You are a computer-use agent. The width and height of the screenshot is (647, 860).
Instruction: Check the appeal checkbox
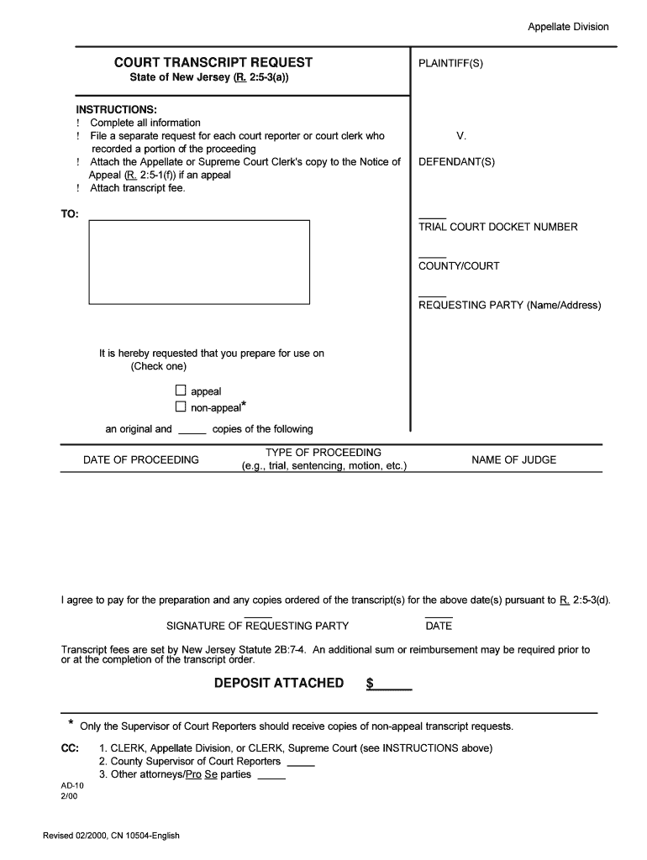[180, 391]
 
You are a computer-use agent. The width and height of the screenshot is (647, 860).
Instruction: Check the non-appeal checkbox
[180, 407]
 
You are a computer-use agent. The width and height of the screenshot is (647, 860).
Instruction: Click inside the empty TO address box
[199, 261]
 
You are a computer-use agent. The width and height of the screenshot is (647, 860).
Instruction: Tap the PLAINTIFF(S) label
[450, 63]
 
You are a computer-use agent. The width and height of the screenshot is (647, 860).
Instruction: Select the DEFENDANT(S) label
[456, 162]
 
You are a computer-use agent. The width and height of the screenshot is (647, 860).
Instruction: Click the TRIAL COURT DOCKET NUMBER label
[497, 227]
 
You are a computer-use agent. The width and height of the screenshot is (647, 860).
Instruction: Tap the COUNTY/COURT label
[459, 266]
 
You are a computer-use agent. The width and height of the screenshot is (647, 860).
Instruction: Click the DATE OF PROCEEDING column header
[141, 459]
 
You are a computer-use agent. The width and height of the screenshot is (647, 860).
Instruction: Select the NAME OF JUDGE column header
[513, 459]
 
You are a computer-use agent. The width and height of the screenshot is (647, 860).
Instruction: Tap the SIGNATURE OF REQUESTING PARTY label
[257, 626]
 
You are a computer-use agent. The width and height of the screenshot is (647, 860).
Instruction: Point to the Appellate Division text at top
[568, 27]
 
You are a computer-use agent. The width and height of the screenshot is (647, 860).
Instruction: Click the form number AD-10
[72, 789]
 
